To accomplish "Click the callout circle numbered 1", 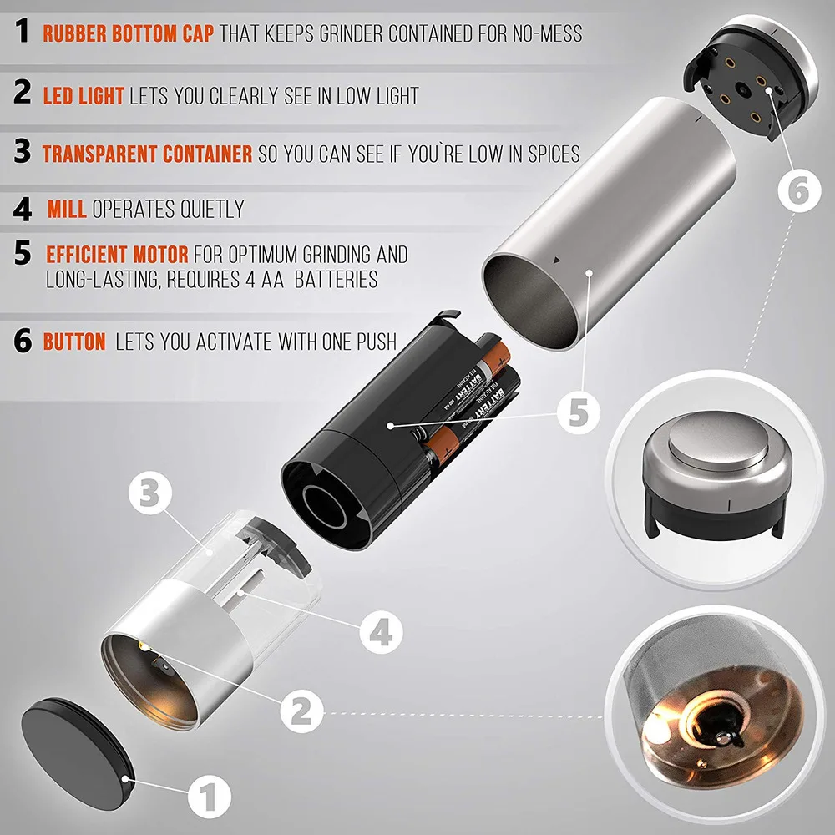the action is point(210,797).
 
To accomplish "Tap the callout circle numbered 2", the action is point(302,711).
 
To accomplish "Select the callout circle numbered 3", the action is point(150,493).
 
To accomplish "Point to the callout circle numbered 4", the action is point(381,633).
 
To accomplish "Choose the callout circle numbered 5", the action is point(579,412).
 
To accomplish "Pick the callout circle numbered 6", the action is point(799,190).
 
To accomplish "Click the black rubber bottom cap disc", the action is point(77,753).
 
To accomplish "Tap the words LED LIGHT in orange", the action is point(83,96).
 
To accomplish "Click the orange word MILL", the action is point(67,209).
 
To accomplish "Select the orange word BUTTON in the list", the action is point(74,342).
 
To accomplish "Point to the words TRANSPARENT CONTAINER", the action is point(147,154).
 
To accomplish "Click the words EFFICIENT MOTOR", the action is point(117,255).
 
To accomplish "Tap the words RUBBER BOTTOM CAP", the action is point(129,33).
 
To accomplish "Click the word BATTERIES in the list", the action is point(336,280).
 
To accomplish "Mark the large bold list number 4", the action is point(23,209).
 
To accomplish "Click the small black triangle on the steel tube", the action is point(556,261).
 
